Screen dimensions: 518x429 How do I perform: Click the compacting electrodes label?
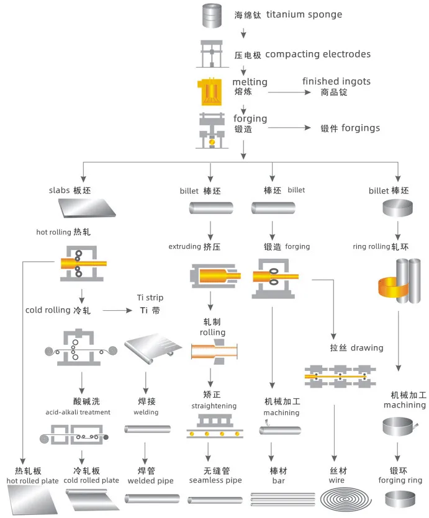pos(302,55)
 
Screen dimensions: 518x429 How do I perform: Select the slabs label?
pos(70,190)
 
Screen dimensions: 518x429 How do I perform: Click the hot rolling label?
pos(64,233)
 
